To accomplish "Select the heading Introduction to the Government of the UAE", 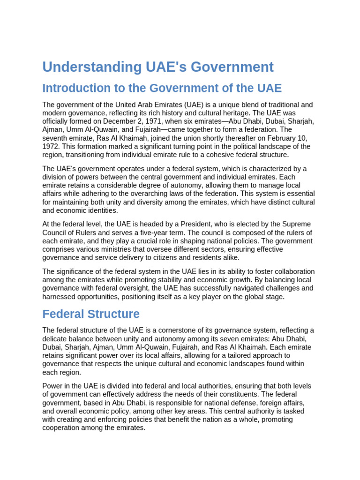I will [x=162, y=88].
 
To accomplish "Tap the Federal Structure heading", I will [x=91, y=314].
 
